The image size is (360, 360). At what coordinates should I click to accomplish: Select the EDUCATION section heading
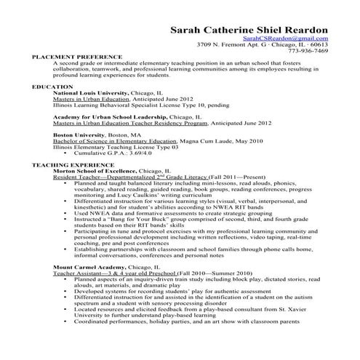coord(52,87)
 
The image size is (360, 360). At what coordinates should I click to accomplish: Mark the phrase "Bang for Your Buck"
coord(135,218)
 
